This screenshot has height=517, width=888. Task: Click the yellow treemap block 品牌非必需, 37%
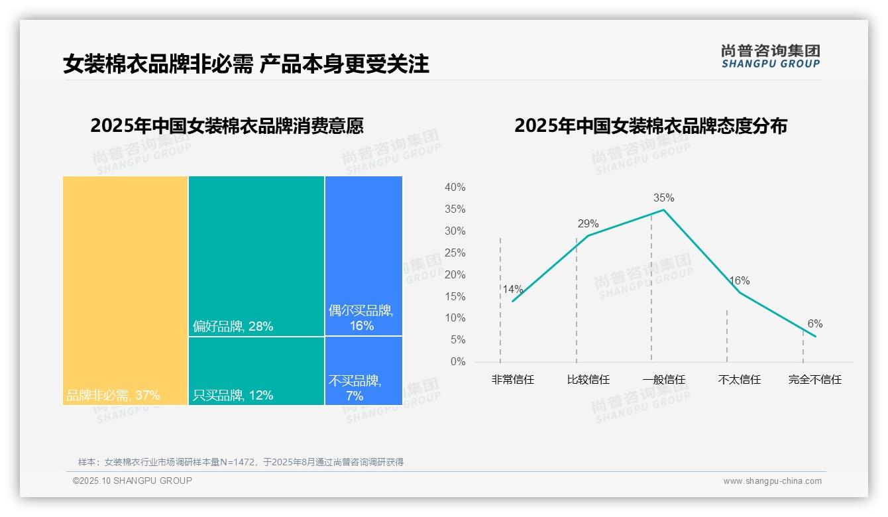[x=125, y=290]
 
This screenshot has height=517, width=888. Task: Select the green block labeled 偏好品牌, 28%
[x=256, y=256]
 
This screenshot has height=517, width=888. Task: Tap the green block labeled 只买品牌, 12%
[x=256, y=371]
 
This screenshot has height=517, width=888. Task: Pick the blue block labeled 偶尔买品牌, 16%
[x=363, y=256]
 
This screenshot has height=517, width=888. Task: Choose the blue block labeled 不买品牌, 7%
[x=363, y=371]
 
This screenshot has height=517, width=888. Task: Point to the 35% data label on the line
[x=663, y=198]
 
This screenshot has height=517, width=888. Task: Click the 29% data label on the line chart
[x=588, y=223]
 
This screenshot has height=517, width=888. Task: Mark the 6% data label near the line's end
[x=815, y=323]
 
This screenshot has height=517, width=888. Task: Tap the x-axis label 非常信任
[x=512, y=380]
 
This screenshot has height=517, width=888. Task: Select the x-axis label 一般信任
[x=663, y=380]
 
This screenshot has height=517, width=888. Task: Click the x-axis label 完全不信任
[x=814, y=380]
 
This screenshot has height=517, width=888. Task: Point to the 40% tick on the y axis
[x=455, y=188]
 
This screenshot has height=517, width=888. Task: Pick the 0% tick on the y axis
[x=457, y=362]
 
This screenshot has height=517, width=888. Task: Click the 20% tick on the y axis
[x=455, y=274]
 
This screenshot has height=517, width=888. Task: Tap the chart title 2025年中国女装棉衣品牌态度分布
[x=650, y=126]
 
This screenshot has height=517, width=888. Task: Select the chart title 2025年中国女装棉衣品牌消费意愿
[x=227, y=126]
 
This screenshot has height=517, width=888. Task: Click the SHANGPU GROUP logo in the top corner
[x=770, y=56]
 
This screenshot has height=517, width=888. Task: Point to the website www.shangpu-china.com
[x=772, y=481]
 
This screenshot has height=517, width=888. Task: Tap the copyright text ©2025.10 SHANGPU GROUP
[x=133, y=481]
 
